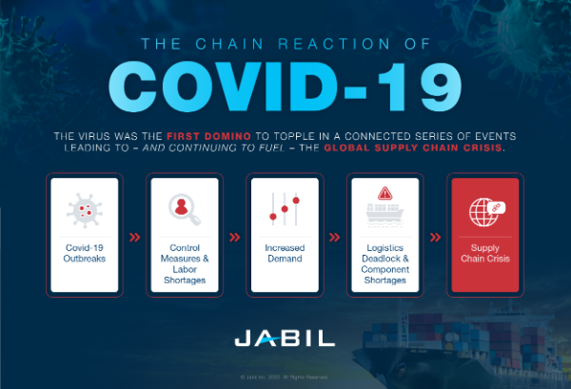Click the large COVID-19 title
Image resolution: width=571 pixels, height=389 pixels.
coord(285,88)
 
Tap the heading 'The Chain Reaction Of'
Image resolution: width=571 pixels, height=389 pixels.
coord(285,42)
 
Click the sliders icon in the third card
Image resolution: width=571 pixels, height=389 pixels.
coord(285,208)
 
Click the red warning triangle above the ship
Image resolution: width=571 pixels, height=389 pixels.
coord(384,193)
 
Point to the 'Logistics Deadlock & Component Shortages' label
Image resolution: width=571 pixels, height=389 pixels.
coord(384,263)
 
